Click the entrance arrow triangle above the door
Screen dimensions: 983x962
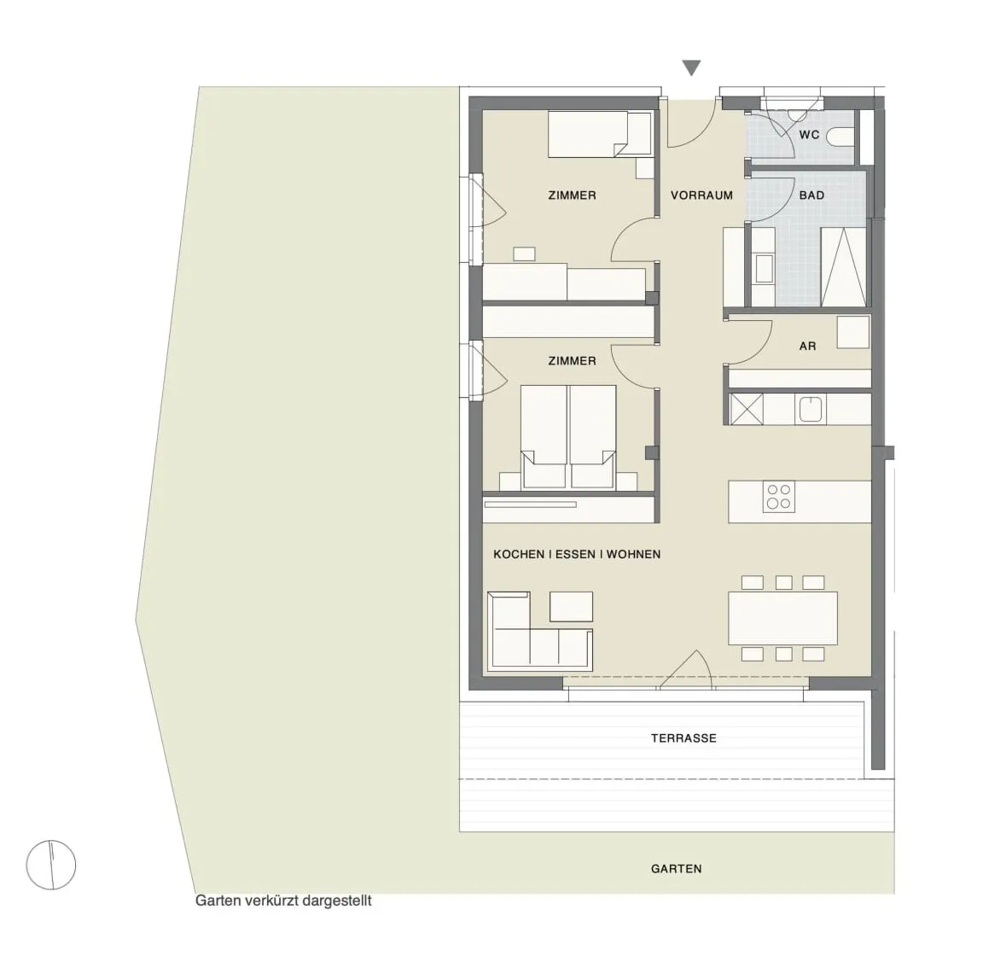(x=691, y=67)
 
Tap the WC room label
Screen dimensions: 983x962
(x=809, y=135)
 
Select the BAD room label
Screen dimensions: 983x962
(x=811, y=195)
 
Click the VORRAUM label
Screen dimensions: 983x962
(x=701, y=195)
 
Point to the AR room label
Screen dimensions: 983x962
(x=807, y=346)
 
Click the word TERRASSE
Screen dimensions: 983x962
(x=683, y=738)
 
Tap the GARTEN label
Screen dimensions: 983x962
(x=676, y=869)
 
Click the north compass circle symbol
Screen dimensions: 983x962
(x=51, y=865)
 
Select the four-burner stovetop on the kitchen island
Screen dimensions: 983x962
(x=778, y=497)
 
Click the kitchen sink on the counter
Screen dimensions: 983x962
(x=812, y=408)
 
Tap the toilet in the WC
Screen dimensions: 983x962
(x=841, y=136)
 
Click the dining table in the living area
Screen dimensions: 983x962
(x=782, y=618)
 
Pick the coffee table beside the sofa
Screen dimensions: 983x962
(x=571, y=606)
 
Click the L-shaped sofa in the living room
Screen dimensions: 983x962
(x=540, y=629)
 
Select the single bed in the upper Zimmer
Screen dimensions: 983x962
(x=599, y=134)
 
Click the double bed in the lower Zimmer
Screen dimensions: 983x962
(x=568, y=437)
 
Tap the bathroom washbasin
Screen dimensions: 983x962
(x=765, y=268)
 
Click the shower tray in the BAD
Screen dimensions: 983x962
(x=844, y=267)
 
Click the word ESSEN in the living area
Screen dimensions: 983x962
(x=575, y=554)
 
